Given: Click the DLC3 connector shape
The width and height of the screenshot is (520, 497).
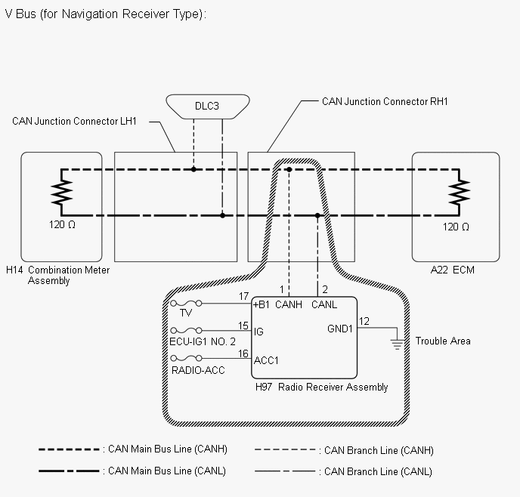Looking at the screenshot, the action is (x=208, y=106).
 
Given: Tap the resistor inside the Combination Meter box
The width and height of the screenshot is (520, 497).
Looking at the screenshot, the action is (x=62, y=192).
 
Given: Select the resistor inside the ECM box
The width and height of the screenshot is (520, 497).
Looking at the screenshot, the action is (x=459, y=192).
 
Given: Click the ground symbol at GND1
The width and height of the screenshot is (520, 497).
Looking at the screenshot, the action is (x=397, y=344).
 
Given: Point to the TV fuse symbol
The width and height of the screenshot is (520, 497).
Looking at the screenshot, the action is (x=186, y=303).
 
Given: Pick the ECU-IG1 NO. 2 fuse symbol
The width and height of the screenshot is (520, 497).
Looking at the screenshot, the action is (x=186, y=330).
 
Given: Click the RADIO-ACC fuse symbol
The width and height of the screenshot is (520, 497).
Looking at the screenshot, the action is (x=186, y=358).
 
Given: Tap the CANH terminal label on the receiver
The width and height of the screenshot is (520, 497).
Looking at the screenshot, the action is (x=289, y=304).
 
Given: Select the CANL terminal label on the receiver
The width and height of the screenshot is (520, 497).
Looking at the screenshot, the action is (x=324, y=304).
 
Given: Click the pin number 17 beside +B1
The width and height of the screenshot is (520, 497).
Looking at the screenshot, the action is (x=243, y=296).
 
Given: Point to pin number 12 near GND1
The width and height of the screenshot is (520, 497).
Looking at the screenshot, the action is (x=364, y=321).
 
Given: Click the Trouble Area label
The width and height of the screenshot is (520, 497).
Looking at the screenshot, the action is (x=443, y=341).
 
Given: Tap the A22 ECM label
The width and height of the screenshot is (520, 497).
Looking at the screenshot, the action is (x=452, y=270).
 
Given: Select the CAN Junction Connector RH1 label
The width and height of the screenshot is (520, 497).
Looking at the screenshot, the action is (x=385, y=101).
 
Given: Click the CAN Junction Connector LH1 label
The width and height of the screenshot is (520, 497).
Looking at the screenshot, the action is (x=74, y=122).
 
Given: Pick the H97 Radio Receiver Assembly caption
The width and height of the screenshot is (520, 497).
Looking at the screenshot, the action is (x=322, y=387).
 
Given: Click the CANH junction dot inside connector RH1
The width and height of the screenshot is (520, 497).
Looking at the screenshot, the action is (x=289, y=170).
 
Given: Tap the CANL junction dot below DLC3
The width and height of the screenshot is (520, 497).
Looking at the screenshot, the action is (x=222, y=216).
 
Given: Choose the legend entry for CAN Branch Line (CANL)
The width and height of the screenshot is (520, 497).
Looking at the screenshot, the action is (x=343, y=471).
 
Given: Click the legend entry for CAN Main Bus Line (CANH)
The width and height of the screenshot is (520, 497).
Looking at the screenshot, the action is (x=133, y=449).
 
